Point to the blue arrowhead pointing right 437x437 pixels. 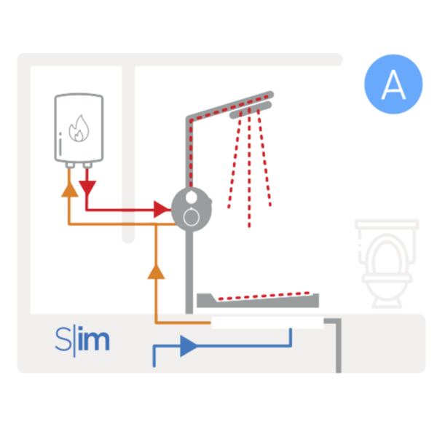tap(187, 345)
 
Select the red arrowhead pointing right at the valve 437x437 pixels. tap(161, 210)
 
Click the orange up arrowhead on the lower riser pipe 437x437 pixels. tap(156, 272)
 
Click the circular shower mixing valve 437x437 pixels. tap(191, 207)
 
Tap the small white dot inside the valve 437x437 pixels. tap(191, 197)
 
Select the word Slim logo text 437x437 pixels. tap(82, 339)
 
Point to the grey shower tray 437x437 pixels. tap(262, 299)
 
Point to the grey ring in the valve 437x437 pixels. tap(191, 216)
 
